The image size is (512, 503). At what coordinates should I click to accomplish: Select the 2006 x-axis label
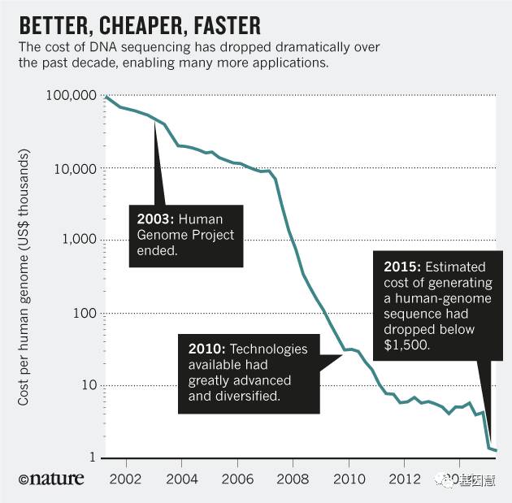(236, 478)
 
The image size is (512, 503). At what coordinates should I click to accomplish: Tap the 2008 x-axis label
(293, 478)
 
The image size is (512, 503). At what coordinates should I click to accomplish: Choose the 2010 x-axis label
(349, 478)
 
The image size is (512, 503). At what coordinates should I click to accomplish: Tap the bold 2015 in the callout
(402, 267)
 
